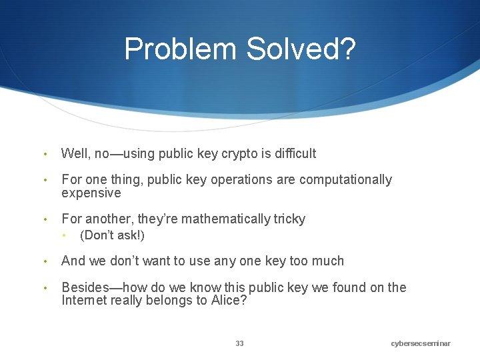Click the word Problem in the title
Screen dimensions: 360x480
click(x=180, y=49)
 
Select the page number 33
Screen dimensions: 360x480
click(x=239, y=343)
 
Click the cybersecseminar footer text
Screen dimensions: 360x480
click(x=421, y=343)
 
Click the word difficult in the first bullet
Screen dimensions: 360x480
click(x=292, y=153)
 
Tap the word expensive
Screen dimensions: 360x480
click(x=91, y=193)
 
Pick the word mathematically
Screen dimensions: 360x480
click(x=225, y=219)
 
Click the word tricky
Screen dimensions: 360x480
click(x=289, y=219)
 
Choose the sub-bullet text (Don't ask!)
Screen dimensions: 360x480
click(x=112, y=235)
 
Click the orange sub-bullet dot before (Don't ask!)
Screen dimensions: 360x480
click(x=64, y=235)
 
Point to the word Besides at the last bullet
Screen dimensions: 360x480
click(x=84, y=287)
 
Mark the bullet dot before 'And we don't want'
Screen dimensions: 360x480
click(x=44, y=261)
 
